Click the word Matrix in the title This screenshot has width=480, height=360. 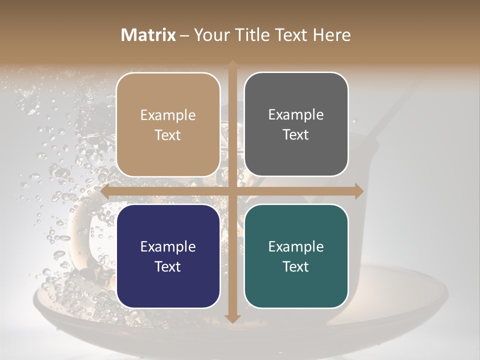click(x=148, y=35)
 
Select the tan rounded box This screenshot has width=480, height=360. click(x=168, y=124)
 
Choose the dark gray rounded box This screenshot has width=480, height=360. click(x=296, y=124)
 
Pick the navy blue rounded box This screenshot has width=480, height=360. click(x=168, y=256)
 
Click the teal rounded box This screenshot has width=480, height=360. click(x=296, y=256)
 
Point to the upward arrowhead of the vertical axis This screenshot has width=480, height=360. click(x=232, y=65)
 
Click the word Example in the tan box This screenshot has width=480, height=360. click(x=168, y=115)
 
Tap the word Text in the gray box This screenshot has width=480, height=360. click(x=296, y=135)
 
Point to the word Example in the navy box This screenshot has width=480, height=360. click(x=168, y=247)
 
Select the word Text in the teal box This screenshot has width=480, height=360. click(x=296, y=266)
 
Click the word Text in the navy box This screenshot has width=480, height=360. click(x=168, y=266)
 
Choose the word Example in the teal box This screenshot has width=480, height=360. click(x=296, y=247)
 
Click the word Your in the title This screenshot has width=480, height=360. click(x=208, y=35)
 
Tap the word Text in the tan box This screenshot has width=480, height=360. click(x=168, y=135)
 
